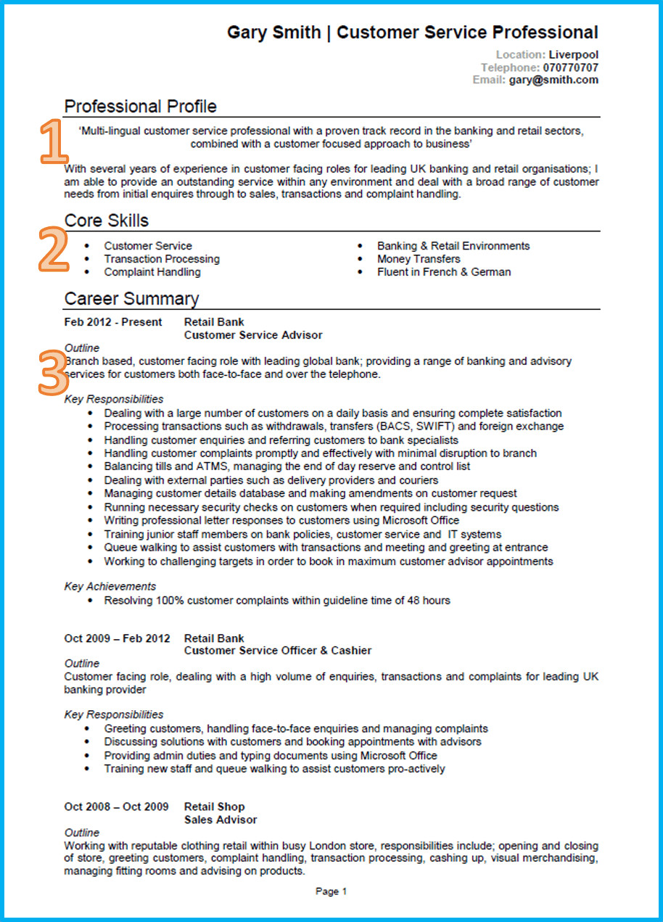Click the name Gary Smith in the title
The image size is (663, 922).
[x=274, y=33]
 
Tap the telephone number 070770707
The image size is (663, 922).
[x=571, y=67]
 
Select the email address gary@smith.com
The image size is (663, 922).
[x=553, y=80]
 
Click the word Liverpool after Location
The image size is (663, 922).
[x=574, y=54]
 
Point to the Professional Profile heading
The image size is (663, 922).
[x=141, y=107]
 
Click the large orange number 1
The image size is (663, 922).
[x=53, y=141]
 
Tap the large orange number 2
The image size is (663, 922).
[x=52, y=251]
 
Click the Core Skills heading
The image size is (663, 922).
[x=107, y=221]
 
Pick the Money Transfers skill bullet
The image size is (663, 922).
[x=419, y=259]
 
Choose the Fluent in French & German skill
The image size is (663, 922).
[x=444, y=272]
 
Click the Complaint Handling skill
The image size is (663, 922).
[x=152, y=272]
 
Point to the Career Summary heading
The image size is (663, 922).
[x=131, y=299]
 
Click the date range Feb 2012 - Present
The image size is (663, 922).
[x=113, y=322]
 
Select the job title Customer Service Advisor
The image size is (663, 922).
[x=253, y=335]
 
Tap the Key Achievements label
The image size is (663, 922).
[x=110, y=586]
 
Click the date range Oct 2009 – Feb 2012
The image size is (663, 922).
[x=117, y=638]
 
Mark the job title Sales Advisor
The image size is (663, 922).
[x=221, y=820]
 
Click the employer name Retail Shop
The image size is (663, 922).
[x=215, y=807]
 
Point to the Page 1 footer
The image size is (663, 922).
[x=331, y=892]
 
